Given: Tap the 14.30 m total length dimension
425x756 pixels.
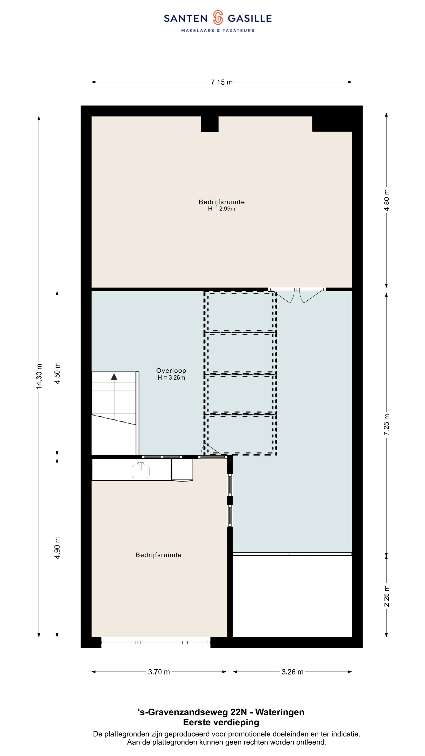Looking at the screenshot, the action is [x=39, y=376].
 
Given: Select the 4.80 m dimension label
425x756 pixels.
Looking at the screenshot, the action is [x=387, y=200].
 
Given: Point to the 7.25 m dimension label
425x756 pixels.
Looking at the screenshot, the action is [x=387, y=425].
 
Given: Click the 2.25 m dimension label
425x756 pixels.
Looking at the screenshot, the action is [x=387, y=596].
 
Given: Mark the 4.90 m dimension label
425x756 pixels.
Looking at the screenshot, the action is [x=57, y=548].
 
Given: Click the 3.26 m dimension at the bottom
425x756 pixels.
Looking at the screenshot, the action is [x=292, y=672].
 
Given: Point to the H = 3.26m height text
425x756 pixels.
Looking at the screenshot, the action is [x=171, y=378].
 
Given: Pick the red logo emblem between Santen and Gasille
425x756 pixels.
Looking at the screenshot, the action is [x=218, y=17].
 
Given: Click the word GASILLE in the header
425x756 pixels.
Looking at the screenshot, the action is [x=250, y=19].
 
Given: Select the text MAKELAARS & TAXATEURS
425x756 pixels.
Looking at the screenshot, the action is [x=218, y=31].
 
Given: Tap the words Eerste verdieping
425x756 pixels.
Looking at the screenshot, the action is [x=221, y=722].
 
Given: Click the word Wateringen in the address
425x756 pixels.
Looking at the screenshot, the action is [x=280, y=712].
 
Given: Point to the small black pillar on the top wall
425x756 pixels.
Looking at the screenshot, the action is [x=210, y=124].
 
